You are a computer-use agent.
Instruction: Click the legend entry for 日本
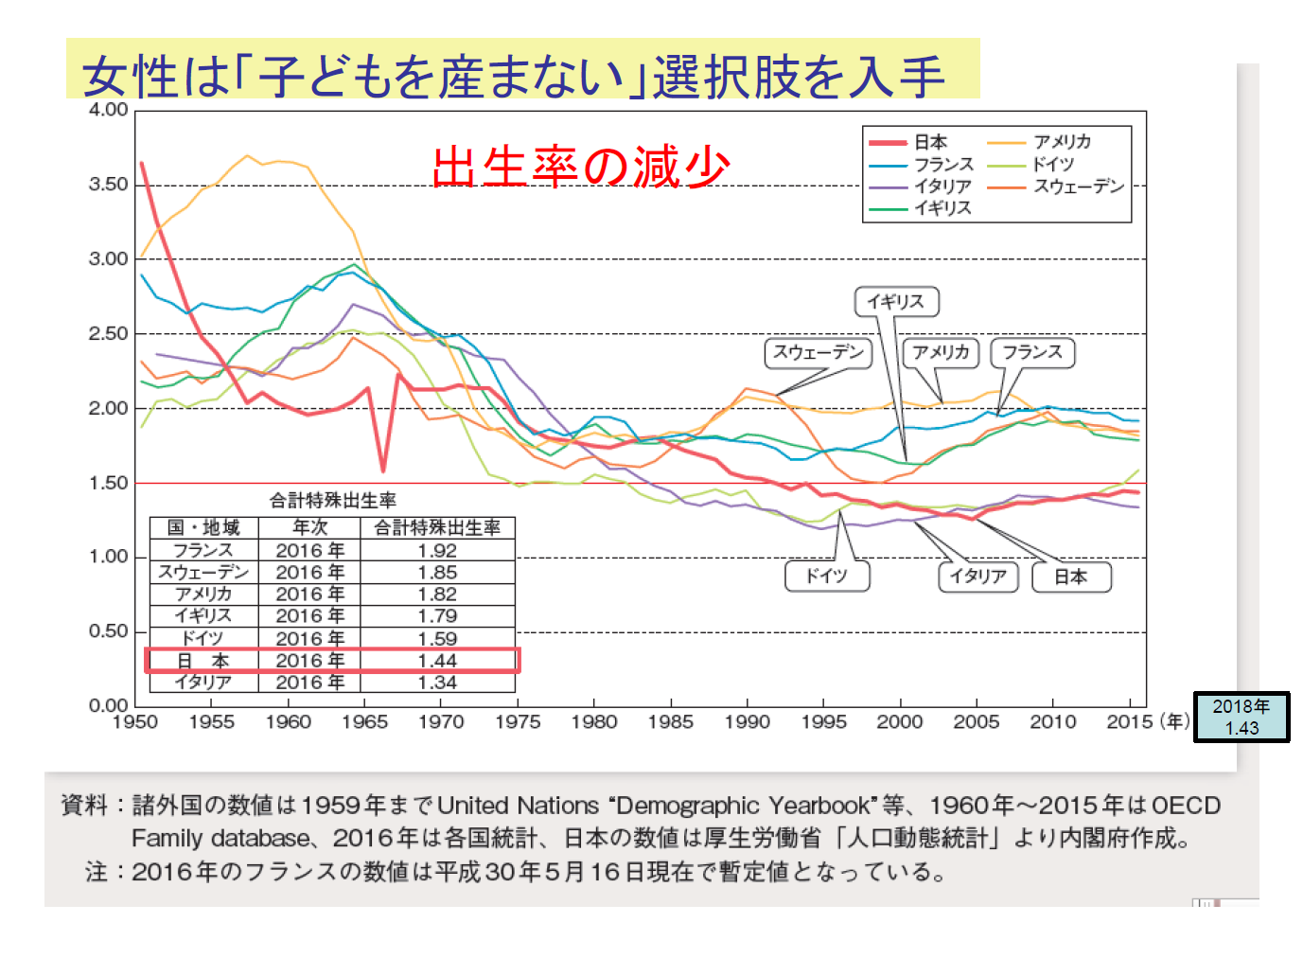pos(930,142)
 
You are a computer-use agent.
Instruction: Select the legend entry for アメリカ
pos(1062,142)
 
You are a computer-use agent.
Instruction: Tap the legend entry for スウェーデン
pos(1078,186)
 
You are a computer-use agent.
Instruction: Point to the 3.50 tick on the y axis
pos(109,185)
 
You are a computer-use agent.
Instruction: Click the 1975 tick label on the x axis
pos(518,722)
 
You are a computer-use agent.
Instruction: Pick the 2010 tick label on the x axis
pos(1052,722)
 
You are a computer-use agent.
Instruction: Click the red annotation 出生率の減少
pos(581,168)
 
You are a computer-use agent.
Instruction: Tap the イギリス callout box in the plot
pos(896,302)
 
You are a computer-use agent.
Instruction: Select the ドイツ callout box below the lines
pos(826,576)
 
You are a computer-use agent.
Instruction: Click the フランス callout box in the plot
pos(1032,352)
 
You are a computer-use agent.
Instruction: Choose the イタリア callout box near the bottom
pos(977,577)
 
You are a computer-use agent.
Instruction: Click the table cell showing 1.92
pos(437,551)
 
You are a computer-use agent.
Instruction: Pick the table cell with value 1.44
pos(437,661)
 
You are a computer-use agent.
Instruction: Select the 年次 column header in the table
pos(310,527)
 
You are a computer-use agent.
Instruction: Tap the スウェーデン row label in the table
pos(203,573)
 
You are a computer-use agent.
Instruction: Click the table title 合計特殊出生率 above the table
pos(332,500)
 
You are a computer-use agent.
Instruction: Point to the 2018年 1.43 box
pos(1241,717)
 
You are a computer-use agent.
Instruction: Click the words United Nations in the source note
pos(518,806)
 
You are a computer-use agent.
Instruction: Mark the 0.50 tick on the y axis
pos(109,631)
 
